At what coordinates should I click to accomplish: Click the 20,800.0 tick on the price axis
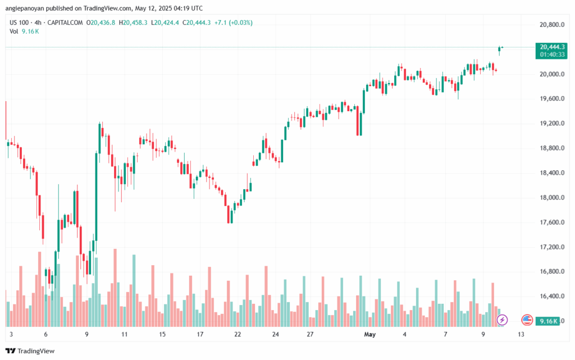(x=550, y=25)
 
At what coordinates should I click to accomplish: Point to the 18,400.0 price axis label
(x=550, y=173)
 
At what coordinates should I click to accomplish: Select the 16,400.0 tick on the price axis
(x=550, y=297)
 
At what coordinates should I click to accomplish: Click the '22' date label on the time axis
(x=238, y=334)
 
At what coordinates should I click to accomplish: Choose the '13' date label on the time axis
(x=521, y=334)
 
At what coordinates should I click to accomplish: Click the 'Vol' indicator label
(x=14, y=31)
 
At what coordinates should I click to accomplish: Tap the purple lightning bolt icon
(x=503, y=320)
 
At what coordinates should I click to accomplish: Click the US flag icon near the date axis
(x=527, y=320)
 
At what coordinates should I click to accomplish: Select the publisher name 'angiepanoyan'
(x=28, y=8)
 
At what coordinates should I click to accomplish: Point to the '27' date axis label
(x=310, y=334)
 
